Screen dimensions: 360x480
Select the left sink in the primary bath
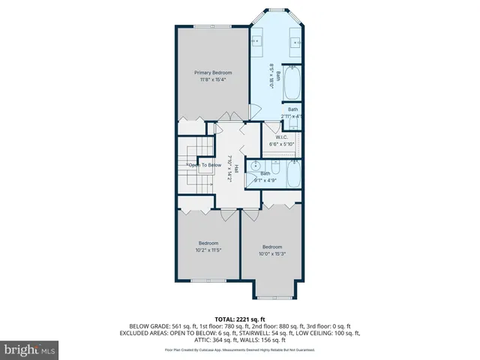tap(255, 41)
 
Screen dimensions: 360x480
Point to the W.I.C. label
tap(281, 137)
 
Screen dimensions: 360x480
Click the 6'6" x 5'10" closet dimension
tap(281, 144)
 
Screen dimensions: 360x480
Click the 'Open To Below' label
tap(204, 165)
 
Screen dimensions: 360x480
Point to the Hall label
tap(235, 168)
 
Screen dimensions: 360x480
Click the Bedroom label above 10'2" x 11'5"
tap(208, 243)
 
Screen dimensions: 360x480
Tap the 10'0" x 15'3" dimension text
tap(272, 254)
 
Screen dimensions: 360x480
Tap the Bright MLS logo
tap(30, 349)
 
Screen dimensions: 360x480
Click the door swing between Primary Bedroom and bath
tap(256, 110)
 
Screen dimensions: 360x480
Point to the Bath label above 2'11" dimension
tap(292, 109)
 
